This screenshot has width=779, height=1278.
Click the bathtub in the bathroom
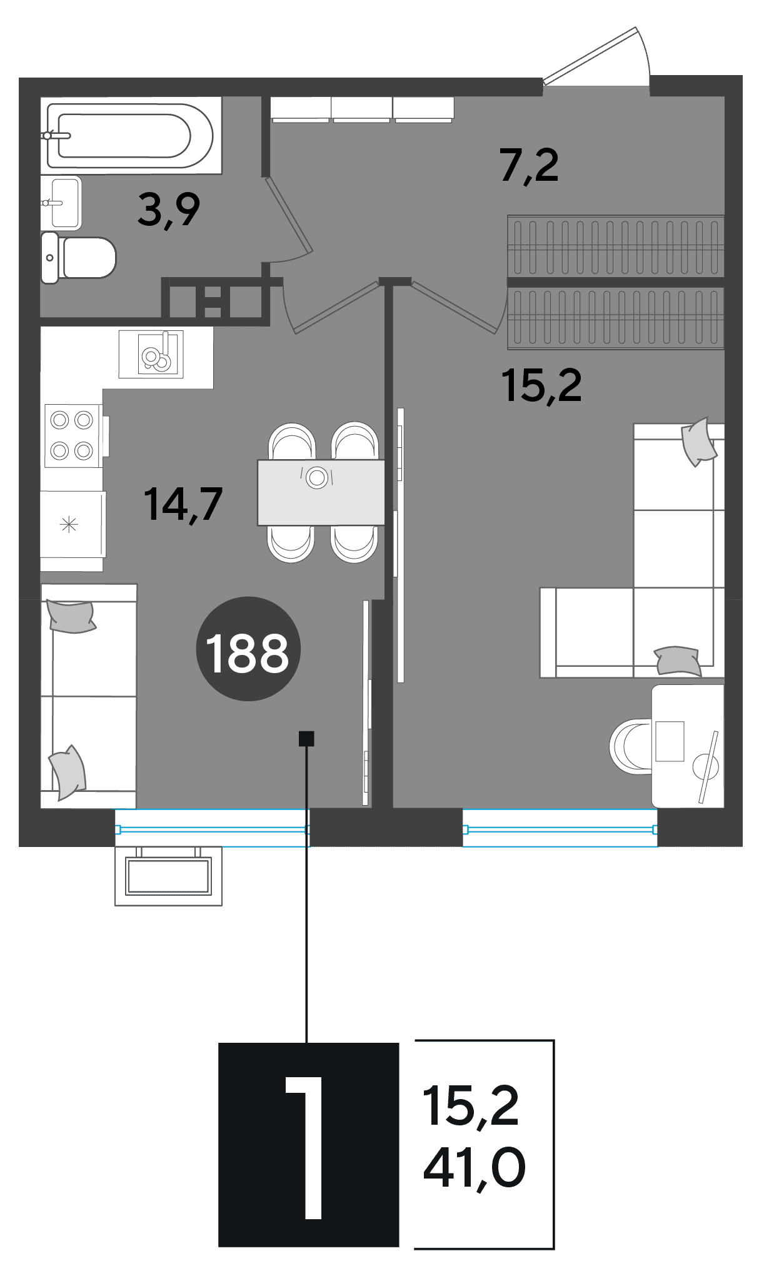tap(131, 135)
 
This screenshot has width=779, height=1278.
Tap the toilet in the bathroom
tap(79, 257)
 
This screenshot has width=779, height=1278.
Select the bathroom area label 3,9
tap(169, 210)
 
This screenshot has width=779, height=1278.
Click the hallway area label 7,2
tap(529, 166)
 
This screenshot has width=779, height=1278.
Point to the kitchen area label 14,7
tap(183, 504)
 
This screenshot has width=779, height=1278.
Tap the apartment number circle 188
tap(248, 649)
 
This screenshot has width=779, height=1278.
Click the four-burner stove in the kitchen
tap(72, 435)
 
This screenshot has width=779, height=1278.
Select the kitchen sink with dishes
tap(151, 354)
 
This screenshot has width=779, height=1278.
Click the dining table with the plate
tap(321, 492)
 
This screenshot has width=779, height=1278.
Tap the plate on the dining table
tap(317, 478)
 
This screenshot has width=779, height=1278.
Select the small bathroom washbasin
tap(62, 203)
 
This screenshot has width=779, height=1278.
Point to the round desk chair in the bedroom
tap(631, 746)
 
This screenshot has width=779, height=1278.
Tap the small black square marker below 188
tap(306, 739)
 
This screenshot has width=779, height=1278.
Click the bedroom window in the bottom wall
tap(560, 829)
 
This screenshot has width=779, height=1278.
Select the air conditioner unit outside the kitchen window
tap(168, 875)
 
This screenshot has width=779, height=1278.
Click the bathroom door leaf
tap(289, 216)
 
